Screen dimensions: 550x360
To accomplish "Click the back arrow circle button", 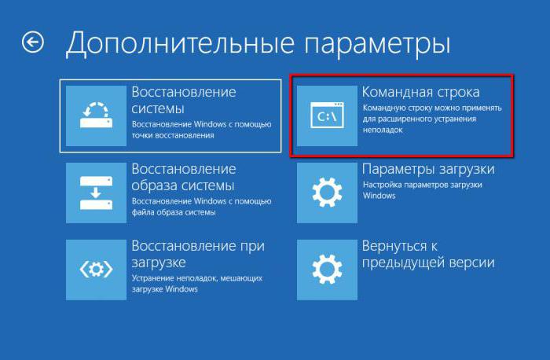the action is (33, 42).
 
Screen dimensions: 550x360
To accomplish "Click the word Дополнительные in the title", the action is (180, 43).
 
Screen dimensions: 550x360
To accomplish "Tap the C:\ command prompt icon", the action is (327, 116).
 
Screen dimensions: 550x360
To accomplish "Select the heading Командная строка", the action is (420, 92).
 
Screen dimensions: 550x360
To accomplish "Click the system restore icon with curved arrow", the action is (96, 116).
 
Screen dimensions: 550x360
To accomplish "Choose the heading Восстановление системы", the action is (184, 100).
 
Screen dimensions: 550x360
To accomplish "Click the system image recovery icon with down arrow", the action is (96, 193).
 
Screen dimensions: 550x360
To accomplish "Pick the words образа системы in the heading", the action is (183, 186).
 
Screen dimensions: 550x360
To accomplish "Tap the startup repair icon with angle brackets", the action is (96, 270).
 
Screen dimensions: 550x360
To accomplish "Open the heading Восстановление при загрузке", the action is (198, 254).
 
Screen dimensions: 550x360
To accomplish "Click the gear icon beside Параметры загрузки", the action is (327, 193).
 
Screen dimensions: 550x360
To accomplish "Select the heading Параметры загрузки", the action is (428, 170).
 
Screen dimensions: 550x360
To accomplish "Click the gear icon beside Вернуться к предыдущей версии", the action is (327, 270).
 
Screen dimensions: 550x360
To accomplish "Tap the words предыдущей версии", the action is (428, 263).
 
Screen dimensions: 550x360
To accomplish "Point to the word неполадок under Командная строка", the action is (383, 130).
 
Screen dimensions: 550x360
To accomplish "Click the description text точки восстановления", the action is (173, 135).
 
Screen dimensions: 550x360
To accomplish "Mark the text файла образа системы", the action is (174, 212).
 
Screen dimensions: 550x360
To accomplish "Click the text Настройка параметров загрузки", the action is (423, 185).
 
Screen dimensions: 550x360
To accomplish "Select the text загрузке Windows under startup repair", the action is (164, 289).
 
